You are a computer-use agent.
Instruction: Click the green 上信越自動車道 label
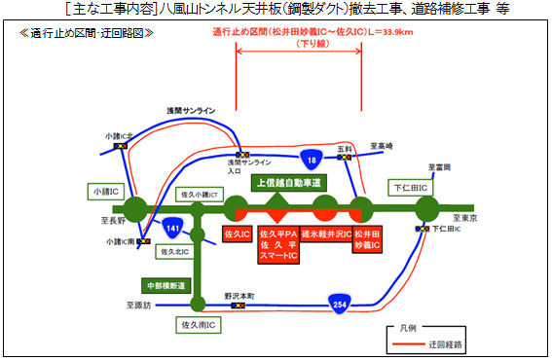tap(288, 183)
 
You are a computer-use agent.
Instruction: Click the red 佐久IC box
tap(238, 235)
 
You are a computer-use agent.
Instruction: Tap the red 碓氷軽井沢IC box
tap(325, 235)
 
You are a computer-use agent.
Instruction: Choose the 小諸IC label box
tap(103, 192)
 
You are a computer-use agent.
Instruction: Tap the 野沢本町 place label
tap(238, 294)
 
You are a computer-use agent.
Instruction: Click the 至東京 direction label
tap(466, 218)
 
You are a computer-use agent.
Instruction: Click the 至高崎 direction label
tap(382, 146)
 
